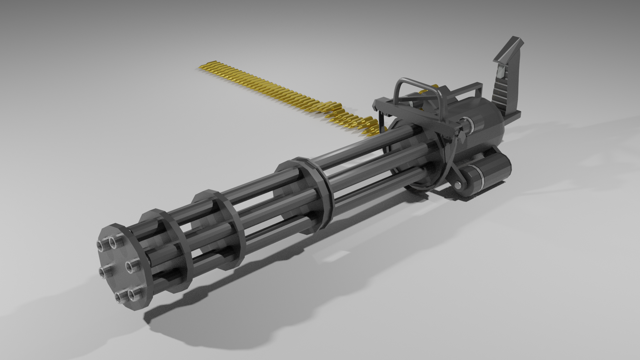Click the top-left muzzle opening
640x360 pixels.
click(100, 245)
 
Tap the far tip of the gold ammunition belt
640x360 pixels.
click(199, 68)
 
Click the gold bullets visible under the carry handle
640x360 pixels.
click(425, 92)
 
